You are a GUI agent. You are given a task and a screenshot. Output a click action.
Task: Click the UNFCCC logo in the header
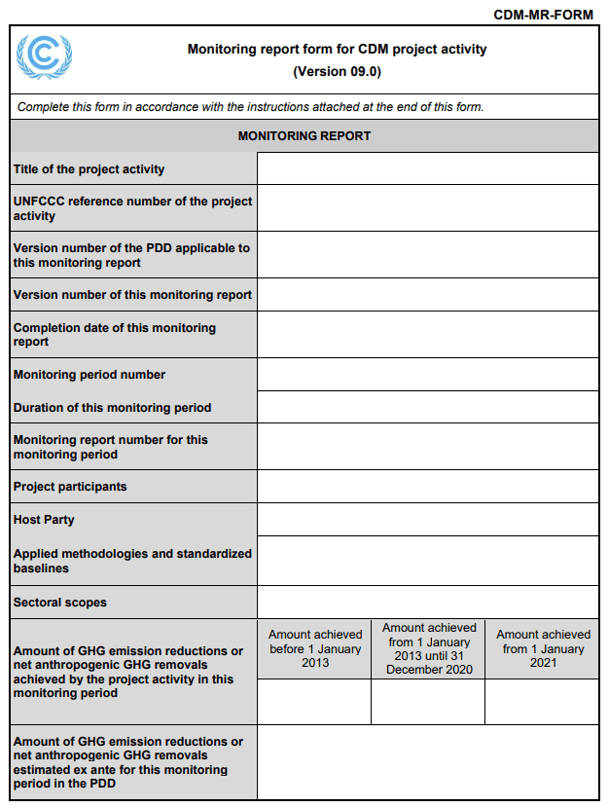point(44,57)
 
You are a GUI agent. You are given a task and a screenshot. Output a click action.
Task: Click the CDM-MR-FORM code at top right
point(543,15)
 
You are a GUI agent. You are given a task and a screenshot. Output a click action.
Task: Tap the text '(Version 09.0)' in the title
point(337,71)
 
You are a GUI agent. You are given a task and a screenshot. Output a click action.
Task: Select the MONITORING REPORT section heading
point(304,136)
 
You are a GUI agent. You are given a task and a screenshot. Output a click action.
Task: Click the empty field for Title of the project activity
point(427,168)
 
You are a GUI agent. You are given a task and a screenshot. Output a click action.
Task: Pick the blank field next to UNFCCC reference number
point(427,207)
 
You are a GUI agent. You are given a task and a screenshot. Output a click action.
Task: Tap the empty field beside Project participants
point(427,487)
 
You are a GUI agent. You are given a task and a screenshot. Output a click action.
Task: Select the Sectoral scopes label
point(60,603)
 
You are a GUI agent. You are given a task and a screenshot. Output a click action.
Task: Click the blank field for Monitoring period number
point(427,375)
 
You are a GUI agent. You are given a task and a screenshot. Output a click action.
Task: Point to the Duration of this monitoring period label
point(112,408)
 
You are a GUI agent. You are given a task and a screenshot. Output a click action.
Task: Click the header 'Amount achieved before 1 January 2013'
point(314,648)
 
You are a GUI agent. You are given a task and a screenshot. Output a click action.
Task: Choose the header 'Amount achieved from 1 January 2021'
point(542,648)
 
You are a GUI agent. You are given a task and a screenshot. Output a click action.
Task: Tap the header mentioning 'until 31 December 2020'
point(428,648)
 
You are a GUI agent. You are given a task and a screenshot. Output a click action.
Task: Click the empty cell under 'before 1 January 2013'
point(314,702)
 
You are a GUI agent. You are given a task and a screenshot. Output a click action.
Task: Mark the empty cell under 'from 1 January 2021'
point(542,702)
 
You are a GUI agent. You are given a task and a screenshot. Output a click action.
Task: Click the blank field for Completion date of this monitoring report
point(427,334)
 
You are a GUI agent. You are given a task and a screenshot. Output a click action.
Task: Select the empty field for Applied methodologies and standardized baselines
point(427,561)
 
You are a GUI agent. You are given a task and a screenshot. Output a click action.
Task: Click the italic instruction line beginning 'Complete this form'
point(250,107)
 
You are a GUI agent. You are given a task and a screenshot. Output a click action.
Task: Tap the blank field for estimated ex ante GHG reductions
point(427,762)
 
